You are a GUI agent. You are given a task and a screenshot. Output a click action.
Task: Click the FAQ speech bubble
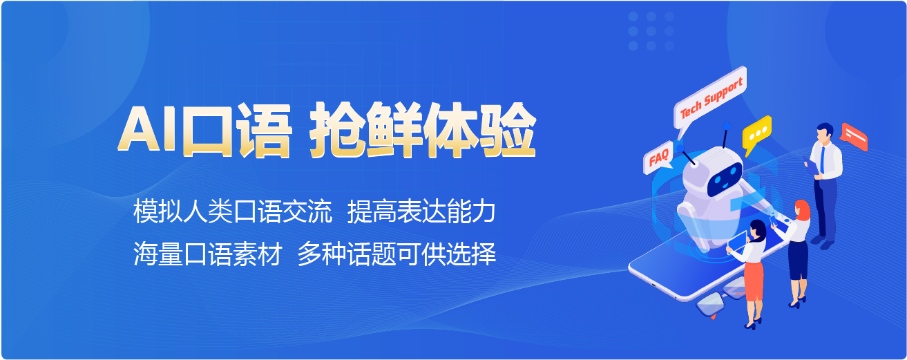(x=658, y=158)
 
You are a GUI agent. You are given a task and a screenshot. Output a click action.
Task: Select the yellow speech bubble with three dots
(x=756, y=133)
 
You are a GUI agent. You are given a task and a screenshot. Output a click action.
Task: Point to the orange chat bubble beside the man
(x=854, y=137)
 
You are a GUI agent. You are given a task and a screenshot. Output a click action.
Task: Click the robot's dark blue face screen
(x=725, y=179)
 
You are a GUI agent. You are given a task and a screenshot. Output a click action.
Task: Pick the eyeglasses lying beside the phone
(x=720, y=296)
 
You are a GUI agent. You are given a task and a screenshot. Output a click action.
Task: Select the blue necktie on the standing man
(x=822, y=159)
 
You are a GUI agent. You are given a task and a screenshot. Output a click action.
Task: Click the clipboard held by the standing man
(x=810, y=167)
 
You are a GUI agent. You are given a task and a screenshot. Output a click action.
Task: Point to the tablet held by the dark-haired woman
(x=737, y=242)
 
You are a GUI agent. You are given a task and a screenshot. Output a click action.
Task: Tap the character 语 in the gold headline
(x=265, y=130)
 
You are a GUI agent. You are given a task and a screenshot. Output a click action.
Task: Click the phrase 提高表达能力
(x=421, y=211)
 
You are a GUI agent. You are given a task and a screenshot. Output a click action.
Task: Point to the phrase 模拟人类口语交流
(x=232, y=211)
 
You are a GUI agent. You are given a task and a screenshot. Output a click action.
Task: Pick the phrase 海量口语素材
(x=207, y=254)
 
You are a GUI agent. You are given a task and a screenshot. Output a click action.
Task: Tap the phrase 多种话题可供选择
(x=397, y=254)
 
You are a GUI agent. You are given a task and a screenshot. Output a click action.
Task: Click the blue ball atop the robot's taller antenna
(x=727, y=126)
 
